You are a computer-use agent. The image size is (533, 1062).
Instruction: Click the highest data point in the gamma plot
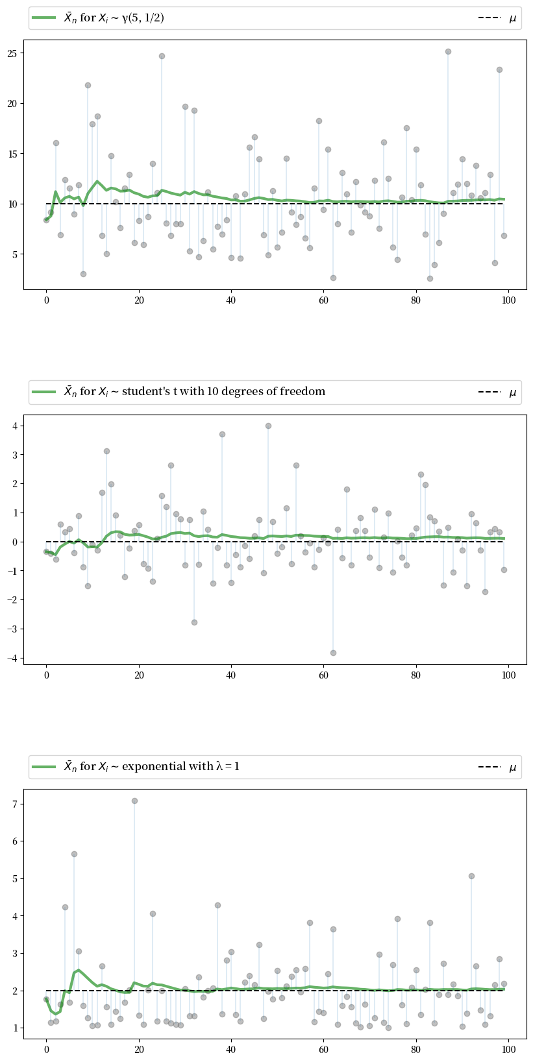click(448, 51)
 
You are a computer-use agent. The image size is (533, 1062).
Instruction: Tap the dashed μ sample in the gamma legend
click(491, 18)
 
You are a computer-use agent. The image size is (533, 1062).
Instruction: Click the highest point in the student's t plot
click(268, 426)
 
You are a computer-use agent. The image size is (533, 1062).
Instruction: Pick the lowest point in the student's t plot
click(333, 653)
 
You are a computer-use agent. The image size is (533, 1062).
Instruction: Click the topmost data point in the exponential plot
click(134, 801)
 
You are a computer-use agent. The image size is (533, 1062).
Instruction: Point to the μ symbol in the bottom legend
click(513, 767)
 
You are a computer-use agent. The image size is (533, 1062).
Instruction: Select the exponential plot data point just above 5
click(471, 876)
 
